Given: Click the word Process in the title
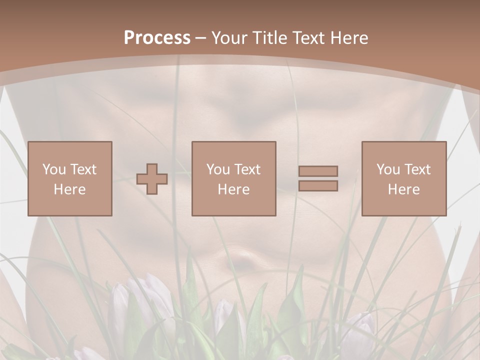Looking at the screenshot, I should coord(157,37).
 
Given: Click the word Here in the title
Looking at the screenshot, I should coord(349,37).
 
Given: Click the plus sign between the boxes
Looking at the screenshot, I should coord(152,178).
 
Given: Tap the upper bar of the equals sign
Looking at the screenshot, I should coord(318,171).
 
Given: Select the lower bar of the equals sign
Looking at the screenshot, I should coord(318,185).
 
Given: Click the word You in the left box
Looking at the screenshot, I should coord(54,169).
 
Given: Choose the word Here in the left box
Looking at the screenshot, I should coord(69,189).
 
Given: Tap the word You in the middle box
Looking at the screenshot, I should coord(218,169).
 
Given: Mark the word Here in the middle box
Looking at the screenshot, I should coord(233,189).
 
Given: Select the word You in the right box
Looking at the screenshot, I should coord(388,169).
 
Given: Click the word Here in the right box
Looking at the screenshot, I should coord(403,189).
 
